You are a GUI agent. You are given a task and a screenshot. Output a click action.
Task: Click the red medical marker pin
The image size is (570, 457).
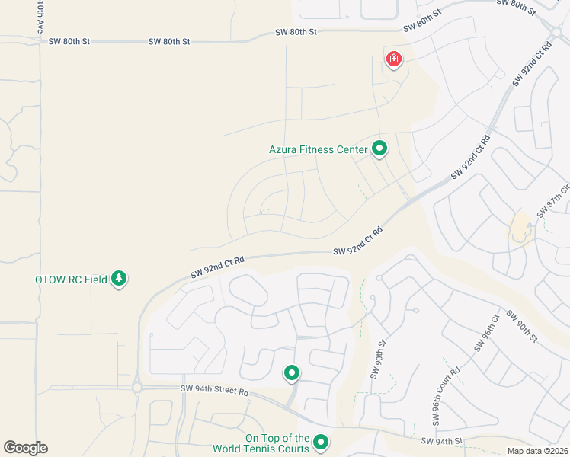(393, 59)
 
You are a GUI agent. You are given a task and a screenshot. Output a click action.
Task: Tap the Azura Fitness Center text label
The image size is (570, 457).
(319, 149)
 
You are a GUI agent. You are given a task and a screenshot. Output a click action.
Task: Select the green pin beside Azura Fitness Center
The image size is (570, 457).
(379, 149)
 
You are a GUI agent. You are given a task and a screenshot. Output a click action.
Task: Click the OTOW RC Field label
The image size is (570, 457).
(71, 280)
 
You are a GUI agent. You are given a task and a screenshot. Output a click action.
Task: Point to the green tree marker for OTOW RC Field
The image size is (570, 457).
(118, 279)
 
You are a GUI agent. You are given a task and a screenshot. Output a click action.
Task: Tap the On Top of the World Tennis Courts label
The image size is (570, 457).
(277, 443)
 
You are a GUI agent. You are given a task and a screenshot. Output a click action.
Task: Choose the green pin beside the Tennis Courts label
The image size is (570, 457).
(321, 442)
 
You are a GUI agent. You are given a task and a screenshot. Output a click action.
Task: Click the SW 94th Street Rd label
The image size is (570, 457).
(215, 390)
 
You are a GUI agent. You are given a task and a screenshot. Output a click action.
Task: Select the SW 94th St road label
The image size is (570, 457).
(442, 441)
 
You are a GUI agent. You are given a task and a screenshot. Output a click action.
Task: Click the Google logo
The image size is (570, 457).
(25, 448)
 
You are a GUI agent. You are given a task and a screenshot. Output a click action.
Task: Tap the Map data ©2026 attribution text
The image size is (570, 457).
(537, 451)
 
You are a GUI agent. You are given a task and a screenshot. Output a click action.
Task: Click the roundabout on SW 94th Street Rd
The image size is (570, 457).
(137, 387)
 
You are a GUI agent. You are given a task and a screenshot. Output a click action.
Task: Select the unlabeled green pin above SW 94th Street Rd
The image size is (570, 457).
(291, 372)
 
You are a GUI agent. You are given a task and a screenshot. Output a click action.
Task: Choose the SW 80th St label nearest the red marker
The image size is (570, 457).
(423, 22)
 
